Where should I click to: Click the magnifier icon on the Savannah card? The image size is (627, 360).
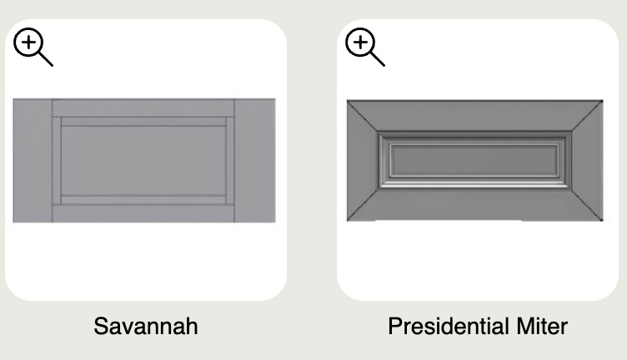click(33, 47)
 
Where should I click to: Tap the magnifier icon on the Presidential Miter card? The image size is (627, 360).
click(364, 47)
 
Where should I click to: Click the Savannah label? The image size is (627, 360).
click(146, 326)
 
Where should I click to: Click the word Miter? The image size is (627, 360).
click(542, 326)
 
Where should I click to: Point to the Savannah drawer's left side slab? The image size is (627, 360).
click(33, 161)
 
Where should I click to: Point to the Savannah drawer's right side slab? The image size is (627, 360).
click(255, 161)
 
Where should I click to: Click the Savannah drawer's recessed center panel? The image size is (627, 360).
click(143, 161)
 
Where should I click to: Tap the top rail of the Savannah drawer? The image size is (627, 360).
click(143, 107)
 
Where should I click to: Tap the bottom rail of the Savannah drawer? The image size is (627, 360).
click(143, 214)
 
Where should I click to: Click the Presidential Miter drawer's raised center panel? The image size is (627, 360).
click(474, 160)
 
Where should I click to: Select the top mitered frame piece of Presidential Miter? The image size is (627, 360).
click(474, 116)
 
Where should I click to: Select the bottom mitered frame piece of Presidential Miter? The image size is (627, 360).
click(474, 204)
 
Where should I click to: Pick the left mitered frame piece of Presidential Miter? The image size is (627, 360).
click(362, 160)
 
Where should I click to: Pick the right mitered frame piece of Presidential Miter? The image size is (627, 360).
click(588, 160)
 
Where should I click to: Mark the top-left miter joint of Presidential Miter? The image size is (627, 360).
click(363, 116)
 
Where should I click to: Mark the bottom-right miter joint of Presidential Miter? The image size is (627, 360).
click(587, 204)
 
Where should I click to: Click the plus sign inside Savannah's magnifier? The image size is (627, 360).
click(28, 42)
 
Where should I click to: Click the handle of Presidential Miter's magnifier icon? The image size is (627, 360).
click(378, 58)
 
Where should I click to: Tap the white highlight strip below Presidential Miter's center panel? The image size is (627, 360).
click(474, 185)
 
